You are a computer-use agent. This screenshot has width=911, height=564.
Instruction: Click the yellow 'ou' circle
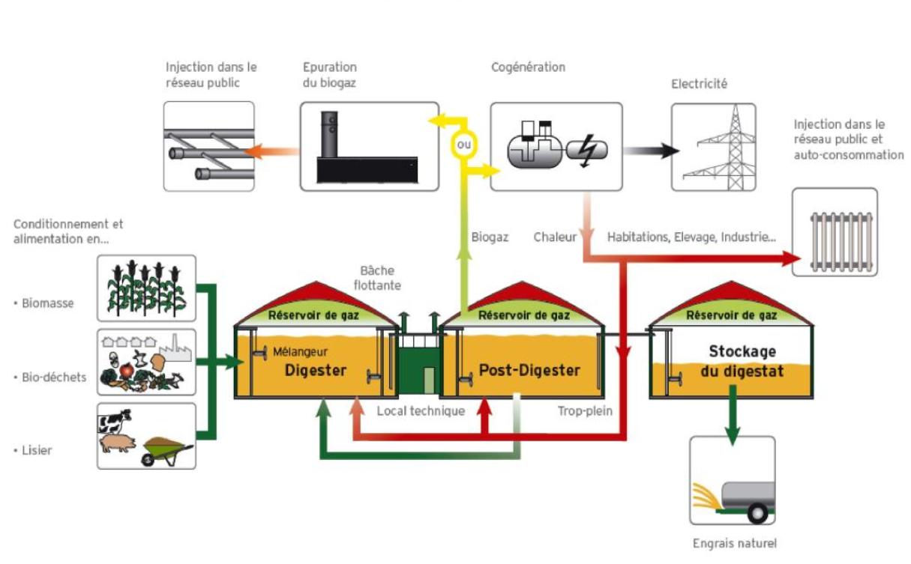pos(464,144)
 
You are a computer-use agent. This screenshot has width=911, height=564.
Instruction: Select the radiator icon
pos(835,234)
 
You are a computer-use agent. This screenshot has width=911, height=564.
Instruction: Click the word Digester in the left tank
pos(315,370)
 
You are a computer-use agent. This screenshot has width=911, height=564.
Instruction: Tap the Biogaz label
pos(490,237)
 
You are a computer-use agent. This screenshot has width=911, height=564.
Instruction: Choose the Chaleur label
pos(555,237)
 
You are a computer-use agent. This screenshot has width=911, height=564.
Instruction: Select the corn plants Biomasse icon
pos(146,288)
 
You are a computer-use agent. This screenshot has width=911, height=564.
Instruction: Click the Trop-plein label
pos(585,411)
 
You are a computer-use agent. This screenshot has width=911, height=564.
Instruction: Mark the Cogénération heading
pos(528,67)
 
